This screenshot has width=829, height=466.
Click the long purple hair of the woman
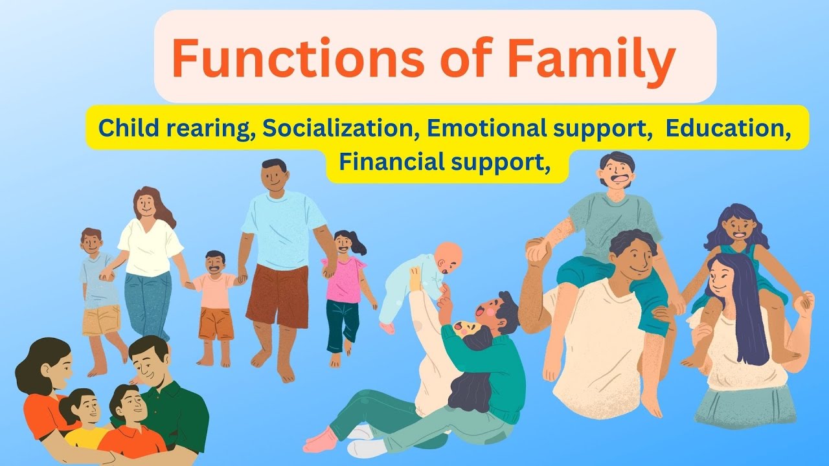(748, 311)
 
